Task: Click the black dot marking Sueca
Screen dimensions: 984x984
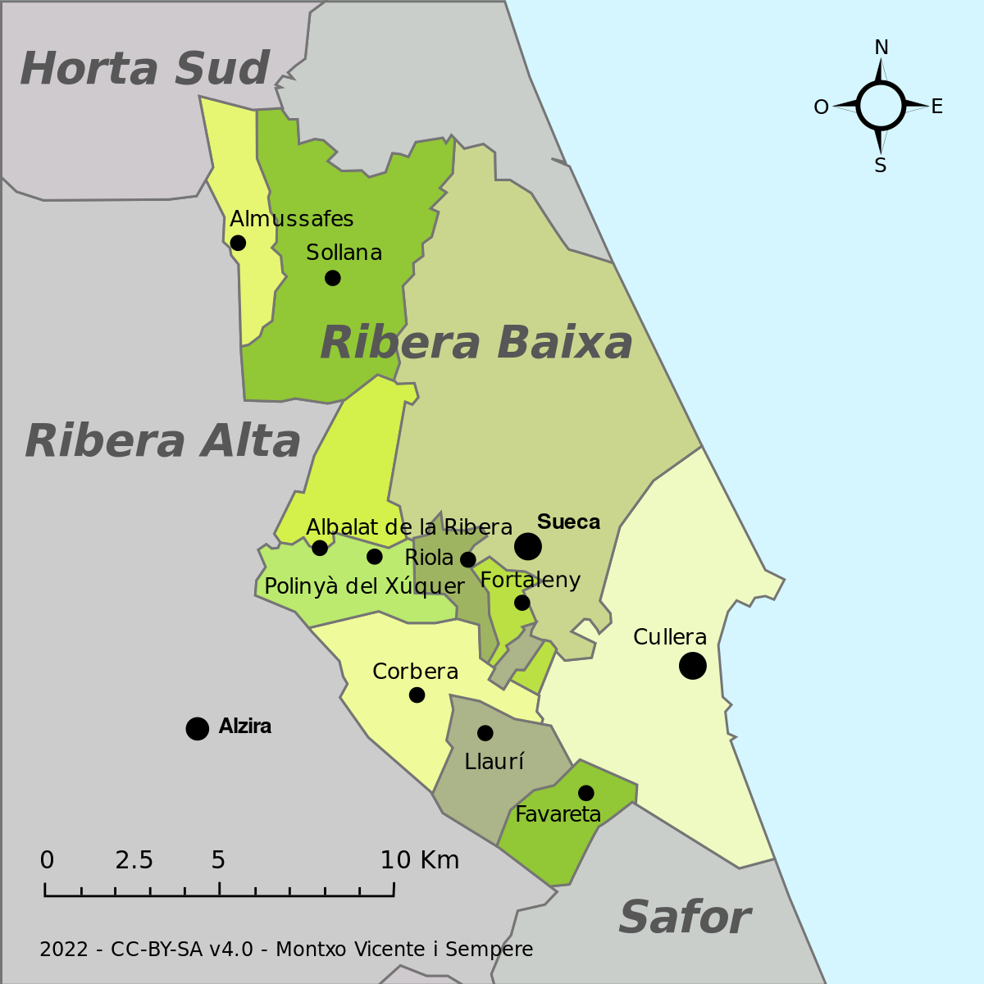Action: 528,546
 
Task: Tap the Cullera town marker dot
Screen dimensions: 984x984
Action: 693,666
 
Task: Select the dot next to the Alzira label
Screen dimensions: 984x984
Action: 197,728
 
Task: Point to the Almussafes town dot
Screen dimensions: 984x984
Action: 238,243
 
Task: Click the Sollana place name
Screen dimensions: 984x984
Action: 344,253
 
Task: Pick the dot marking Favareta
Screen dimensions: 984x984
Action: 585,793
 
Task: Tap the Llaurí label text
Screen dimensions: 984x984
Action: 494,762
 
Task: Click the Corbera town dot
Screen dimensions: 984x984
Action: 417,695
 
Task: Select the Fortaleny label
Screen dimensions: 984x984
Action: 531,581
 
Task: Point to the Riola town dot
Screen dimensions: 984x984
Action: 467,560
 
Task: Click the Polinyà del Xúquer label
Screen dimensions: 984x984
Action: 364,587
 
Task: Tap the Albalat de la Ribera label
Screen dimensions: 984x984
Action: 409,527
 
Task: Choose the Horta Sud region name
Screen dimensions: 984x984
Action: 144,69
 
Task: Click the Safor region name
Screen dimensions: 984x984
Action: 684,918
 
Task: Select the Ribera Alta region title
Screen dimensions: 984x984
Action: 163,441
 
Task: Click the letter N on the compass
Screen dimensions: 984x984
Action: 881,48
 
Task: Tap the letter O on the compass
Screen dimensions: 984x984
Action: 821,107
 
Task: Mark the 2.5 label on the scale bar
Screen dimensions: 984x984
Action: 134,860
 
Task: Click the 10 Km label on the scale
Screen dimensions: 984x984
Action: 420,860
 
